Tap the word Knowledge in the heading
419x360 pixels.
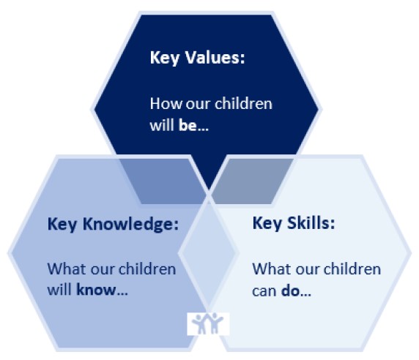click(130, 224)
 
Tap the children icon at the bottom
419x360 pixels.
click(208, 323)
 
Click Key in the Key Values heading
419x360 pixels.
click(165, 59)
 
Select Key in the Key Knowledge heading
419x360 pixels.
click(62, 225)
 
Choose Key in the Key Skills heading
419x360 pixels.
click(267, 224)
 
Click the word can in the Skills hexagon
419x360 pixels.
click(264, 291)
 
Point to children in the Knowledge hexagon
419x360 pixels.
click(147, 269)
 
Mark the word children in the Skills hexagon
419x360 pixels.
click(352, 269)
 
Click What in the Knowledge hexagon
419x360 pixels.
click(67, 269)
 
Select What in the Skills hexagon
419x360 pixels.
click(272, 269)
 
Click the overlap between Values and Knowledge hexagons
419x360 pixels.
click(163, 181)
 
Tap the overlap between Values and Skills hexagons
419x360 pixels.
click(253, 181)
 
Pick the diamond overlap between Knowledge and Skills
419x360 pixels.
click(208, 252)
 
